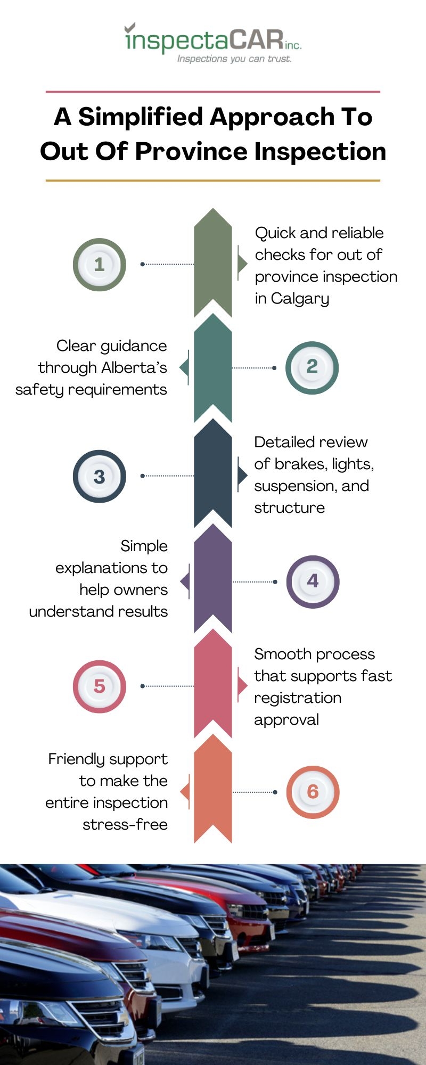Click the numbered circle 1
tap(100, 265)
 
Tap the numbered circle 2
tap(312, 367)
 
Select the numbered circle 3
tap(100, 476)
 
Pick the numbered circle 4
tap(313, 581)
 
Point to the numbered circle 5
tap(100, 686)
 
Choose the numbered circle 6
tap(313, 792)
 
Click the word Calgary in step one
tap(300, 299)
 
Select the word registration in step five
tap(298, 698)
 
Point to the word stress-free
tap(125, 824)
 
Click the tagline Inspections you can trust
tap(234, 59)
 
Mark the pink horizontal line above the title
tap(213, 92)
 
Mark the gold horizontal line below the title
tap(213, 181)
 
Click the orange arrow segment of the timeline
tap(213, 789)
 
